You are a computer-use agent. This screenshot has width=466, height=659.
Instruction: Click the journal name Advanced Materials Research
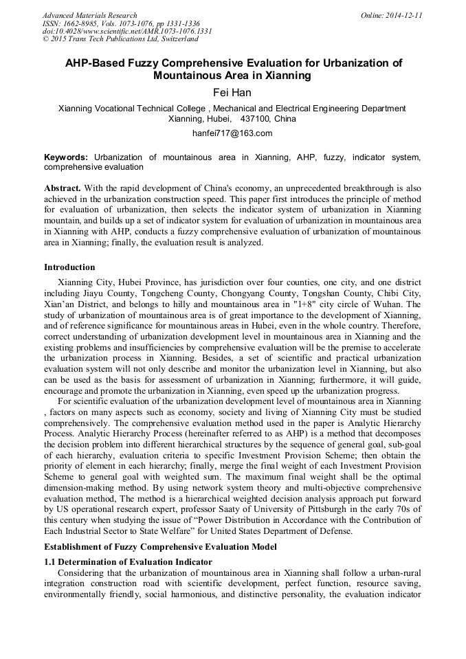[x=89, y=15]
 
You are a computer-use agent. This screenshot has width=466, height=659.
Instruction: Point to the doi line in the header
[x=127, y=31]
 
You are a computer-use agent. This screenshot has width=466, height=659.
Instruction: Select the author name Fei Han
[x=233, y=91]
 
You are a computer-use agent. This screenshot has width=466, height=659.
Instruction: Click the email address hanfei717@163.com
[x=232, y=133]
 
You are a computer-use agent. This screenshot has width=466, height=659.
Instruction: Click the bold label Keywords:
[x=66, y=157]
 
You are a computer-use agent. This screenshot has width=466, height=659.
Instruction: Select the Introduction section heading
[x=69, y=267]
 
